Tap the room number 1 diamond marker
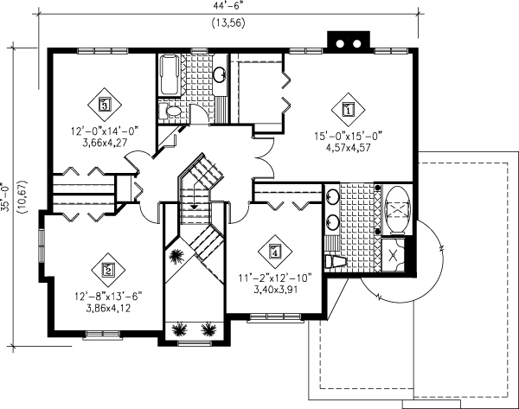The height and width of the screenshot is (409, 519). pyautogui.click(x=348, y=110)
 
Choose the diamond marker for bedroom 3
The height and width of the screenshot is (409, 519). pyautogui.click(x=105, y=105)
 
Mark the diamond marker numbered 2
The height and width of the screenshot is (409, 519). pyautogui.click(x=108, y=269)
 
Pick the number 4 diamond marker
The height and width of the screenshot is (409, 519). pyautogui.click(x=274, y=252)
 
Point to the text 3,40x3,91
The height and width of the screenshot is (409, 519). pyautogui.click(x=274, y=291)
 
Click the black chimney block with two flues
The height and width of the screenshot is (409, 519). pyautogui.click(x=347, y=42)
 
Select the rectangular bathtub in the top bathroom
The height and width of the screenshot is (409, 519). pyautogui.click(x=169, y=76)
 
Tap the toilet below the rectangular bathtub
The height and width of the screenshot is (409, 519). pyautogui.click(x=171, y=112)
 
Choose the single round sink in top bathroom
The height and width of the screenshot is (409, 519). pyautogui.click(x=220, y=73)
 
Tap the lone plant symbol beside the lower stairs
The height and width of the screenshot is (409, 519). pyautogui.click(x=177, y=256)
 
